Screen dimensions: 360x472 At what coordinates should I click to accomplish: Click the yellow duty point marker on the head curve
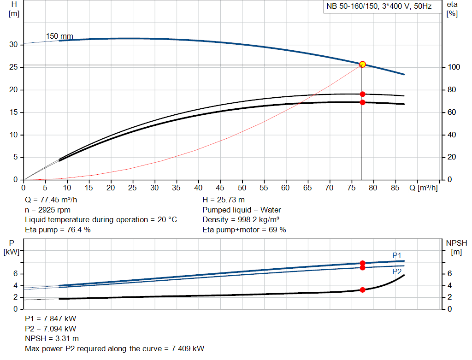click(362, 65)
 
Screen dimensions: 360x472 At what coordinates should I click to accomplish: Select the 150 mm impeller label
click(59, 36)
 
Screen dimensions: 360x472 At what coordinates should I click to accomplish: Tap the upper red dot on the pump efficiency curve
click(362, 94)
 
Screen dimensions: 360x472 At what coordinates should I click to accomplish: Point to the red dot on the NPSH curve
click(362, 290)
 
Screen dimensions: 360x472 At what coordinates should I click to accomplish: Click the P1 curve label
click(397, 255)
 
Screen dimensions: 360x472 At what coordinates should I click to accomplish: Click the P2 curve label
click(397, 271)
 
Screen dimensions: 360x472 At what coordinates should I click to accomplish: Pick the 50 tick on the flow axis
click(242, 188)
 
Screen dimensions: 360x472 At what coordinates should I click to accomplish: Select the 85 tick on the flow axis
click(395, 188)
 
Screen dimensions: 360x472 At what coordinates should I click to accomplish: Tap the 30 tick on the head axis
click(13, 45)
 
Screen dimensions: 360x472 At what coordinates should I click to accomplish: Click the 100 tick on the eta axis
click(454, 67)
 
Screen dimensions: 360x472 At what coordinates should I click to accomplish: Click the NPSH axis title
click(457, 243)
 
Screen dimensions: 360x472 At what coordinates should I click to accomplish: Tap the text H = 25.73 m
click(224, 200)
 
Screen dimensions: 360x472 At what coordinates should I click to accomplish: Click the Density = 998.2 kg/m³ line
click(241, 219)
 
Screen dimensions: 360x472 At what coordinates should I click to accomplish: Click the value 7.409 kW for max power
click(189, 348)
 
